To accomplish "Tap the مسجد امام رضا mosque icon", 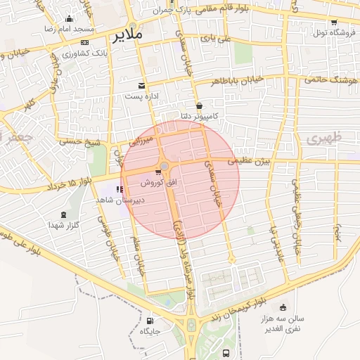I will (68, 20).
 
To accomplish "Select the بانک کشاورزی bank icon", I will (84, 43).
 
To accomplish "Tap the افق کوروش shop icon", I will (157, 172).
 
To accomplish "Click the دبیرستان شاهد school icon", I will (120, 189).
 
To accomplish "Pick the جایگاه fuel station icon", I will (150, 320).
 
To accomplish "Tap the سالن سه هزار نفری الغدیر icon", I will (283, 307).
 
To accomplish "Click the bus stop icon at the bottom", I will (225, 353).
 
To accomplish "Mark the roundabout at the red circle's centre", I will (165, 166).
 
